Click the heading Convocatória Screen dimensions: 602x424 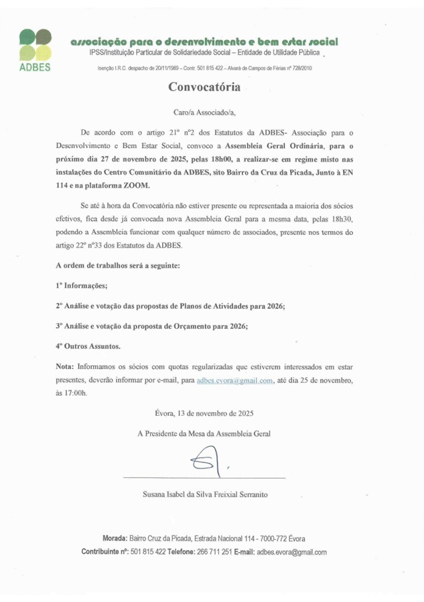point(202,87)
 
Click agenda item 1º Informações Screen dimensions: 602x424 point(81,285)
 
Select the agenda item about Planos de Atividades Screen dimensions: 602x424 point(170,305)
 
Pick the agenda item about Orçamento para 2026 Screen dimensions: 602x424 point(151,325)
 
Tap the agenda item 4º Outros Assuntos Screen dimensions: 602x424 point(88,346)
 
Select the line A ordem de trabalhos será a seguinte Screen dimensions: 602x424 point(117,265)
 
